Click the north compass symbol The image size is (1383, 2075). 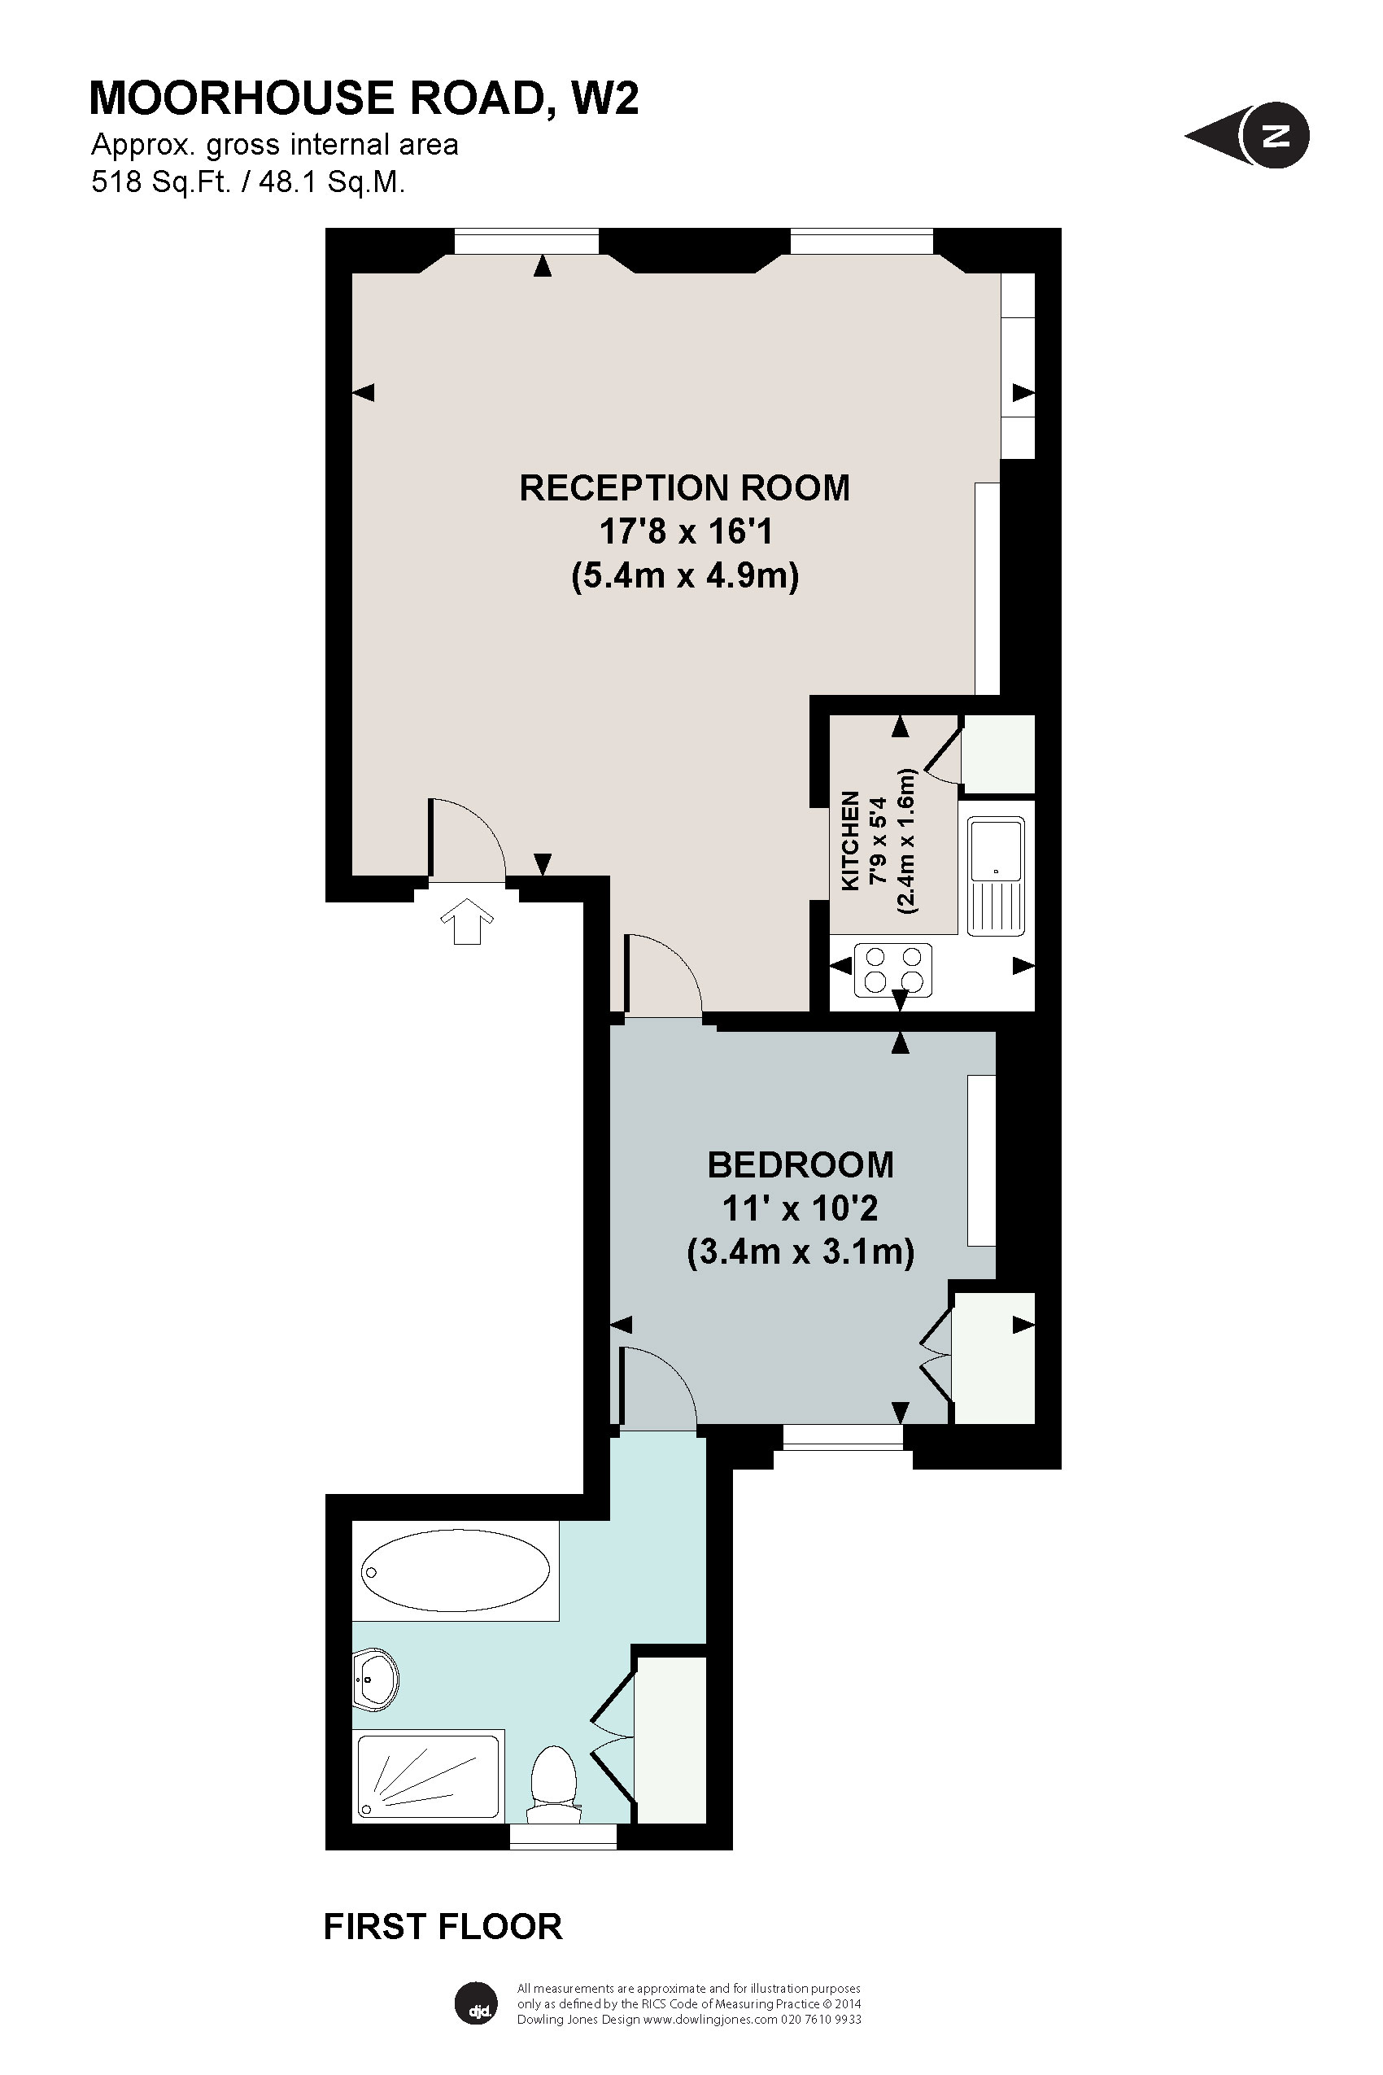(x=1247, y=136)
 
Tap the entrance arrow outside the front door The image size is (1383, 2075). (x=465, y=921)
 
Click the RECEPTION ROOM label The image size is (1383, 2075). (x=684, y=488)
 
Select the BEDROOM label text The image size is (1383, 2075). (x=800, y=1164)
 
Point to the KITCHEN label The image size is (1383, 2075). (x=850, y=840)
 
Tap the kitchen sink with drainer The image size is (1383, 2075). (x=996, y=876)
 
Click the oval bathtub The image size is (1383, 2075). (x=455, y=1570)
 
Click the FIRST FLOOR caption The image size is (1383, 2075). (x=443, y=1951)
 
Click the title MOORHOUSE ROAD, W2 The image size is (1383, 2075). (x=364, y=98)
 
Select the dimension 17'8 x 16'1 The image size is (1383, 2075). (x=685, y=532)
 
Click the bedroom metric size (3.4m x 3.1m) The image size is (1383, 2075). (x=800, y=1251)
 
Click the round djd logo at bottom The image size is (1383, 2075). (x=478, y=2003)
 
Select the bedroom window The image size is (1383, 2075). (x=842, y=1439)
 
